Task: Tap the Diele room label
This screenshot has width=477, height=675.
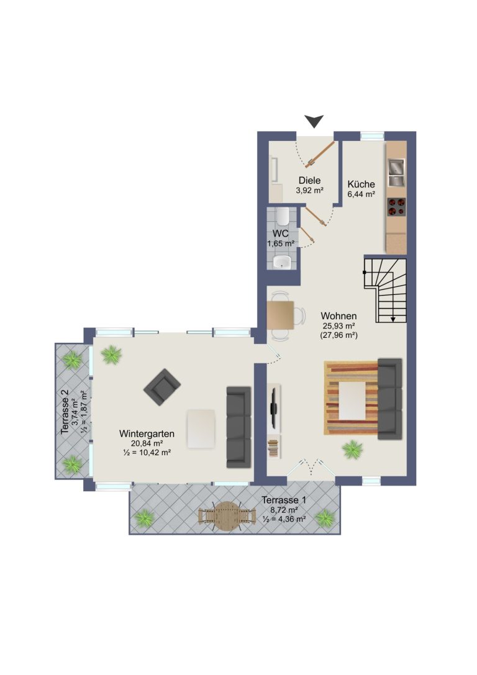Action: click(309, 181)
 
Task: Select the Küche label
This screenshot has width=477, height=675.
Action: click(361, 184)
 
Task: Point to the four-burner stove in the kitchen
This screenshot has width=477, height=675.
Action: click(396, 206)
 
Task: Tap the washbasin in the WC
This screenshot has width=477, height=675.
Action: click(282, 261)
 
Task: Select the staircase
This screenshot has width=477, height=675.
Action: click(385, 290)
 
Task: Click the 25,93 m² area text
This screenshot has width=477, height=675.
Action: click(339, 326)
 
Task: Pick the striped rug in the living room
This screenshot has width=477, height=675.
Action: click(351, 398)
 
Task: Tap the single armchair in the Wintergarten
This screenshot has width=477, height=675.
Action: click(162, 387)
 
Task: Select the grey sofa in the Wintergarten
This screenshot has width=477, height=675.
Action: click(238, 427)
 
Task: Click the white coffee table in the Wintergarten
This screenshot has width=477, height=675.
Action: click(201, 428)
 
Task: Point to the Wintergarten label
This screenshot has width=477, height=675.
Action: click(147, 433)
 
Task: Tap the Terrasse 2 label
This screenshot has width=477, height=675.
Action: click(65, 412)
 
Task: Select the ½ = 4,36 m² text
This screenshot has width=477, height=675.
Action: click(284, 519)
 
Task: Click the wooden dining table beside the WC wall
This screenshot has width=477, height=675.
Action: click(280, 315)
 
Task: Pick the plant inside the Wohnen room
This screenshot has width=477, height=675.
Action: click(353, 450)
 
